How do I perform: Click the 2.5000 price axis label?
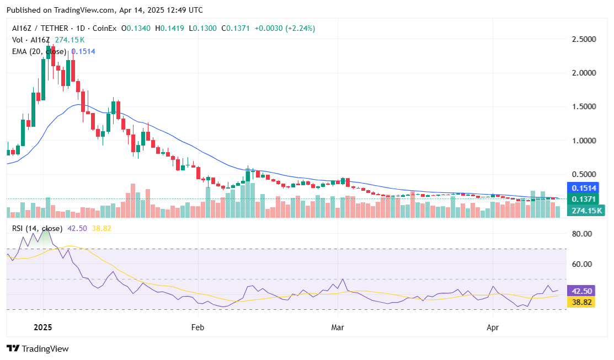(584, 40)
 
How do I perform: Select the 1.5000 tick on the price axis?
(584, 107)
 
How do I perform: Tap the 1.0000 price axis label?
(584, 141)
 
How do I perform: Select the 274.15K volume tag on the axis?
(585, 211)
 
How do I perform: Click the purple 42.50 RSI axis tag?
(583, 291)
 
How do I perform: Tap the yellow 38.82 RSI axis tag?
(583, 302)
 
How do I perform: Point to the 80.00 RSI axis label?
(583, 234)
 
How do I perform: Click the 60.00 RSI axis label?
(583, 264)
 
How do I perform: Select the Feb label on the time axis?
(197, 327)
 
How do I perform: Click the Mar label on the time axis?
(337, 327)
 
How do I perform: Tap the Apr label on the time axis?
(493, 327)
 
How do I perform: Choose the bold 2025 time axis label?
(42, 327)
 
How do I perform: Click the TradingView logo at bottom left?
(38, 348)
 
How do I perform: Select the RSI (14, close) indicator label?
(37, 228)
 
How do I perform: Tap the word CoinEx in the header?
(103, 28)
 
